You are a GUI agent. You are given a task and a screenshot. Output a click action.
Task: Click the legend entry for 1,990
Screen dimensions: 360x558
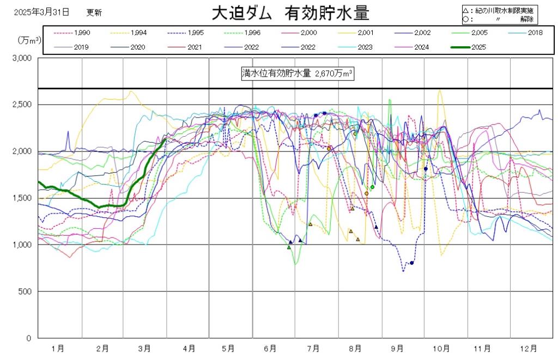82,33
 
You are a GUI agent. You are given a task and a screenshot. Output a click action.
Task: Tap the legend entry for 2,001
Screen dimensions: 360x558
365,33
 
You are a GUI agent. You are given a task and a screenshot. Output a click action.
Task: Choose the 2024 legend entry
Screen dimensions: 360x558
421,47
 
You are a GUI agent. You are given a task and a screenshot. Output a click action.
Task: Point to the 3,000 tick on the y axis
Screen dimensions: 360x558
23,58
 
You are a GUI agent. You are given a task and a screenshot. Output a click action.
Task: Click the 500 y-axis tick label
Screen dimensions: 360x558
26,291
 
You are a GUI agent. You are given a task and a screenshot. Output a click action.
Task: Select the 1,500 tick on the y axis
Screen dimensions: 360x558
23,198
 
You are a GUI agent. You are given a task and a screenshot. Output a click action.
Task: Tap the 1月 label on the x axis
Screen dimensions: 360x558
58,348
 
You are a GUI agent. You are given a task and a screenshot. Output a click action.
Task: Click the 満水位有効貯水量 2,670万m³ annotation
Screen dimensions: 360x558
298,74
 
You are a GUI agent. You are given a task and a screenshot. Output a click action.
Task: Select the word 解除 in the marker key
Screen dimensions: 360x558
526,19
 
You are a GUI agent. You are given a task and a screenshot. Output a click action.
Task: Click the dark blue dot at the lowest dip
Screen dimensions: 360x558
412,263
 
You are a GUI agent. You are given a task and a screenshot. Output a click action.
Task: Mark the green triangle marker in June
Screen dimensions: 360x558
289,247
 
